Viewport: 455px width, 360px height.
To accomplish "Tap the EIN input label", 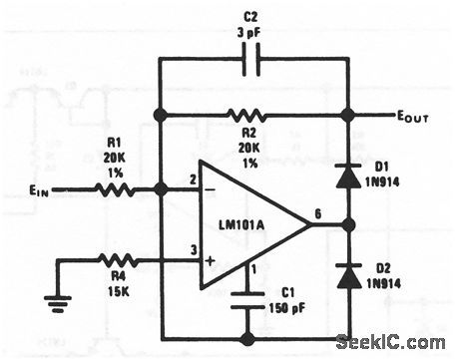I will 36,188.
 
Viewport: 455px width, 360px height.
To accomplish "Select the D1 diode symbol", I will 347,178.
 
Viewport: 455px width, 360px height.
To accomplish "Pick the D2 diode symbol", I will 347,276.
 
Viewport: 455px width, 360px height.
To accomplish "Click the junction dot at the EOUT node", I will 347,115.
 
